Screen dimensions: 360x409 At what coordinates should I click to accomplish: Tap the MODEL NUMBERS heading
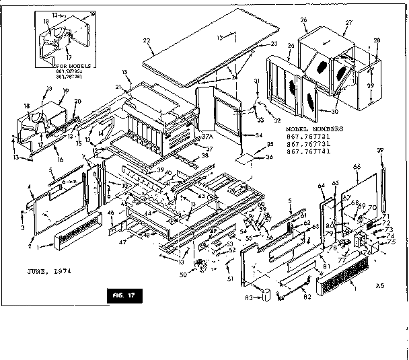pyautogui.click(x=314, y=128)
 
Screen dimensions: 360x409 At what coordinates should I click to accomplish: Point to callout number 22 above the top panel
pyautogui.click(x=146, y=41)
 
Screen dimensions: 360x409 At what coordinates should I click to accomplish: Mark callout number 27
pyautogui.click(x=348, y=22)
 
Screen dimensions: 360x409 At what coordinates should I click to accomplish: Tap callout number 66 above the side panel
pyautogui.click(x=357, y=167)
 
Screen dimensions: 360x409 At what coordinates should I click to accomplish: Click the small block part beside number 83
pyautogui.click(x=266, y=294)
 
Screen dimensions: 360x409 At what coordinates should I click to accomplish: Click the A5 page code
pyautogui.click(x=380, y=285)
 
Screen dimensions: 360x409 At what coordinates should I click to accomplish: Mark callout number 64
pyautogui.click(x=320, y=185)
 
